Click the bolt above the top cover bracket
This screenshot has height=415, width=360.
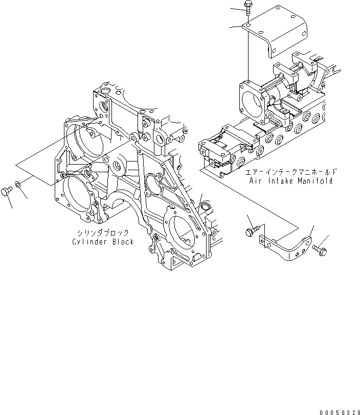tap(247, 9)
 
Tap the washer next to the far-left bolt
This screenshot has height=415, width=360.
tap(18, 183)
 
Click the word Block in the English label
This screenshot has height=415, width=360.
tap(123, 242)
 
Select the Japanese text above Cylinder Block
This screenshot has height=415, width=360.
tap(102, 233)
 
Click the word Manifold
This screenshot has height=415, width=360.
tap(317, 181)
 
